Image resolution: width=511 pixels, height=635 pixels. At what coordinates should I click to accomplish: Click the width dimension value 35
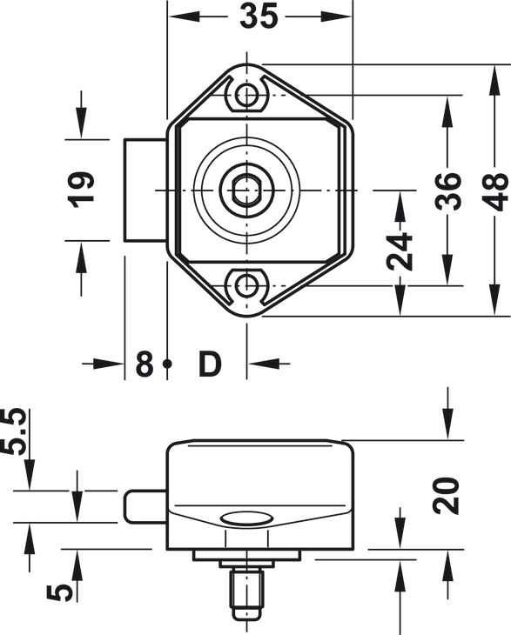click(x=259, y=17)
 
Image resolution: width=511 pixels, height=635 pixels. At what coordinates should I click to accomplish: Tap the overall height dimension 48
click(x=496, y=191)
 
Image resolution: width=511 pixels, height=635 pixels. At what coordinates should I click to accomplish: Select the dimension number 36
click(x=448, y=191)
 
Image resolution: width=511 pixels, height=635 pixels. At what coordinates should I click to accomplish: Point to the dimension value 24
click(x=400, y=251)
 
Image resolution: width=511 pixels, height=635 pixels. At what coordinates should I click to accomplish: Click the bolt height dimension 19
click(x=82, y=190)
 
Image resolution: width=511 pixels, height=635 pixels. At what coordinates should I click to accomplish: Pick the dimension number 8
click(x=145, y=364)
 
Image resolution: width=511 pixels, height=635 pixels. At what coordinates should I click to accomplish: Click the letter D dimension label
click(x=211, y=364)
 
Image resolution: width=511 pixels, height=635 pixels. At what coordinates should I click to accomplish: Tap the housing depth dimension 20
click(x=446, y=496)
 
